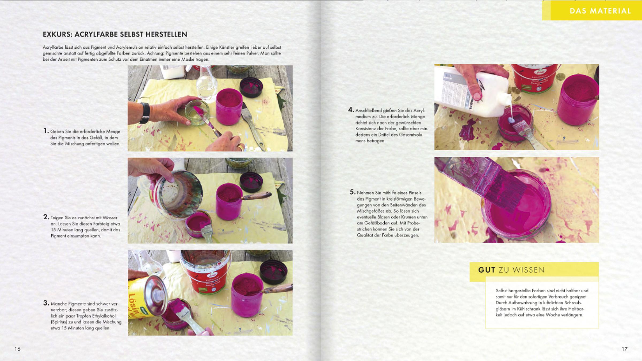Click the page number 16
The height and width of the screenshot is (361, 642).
[x=17, y=349]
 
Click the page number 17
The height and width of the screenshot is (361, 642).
[x=624, y=349]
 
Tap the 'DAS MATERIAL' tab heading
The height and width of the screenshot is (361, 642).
[x=600, y=11]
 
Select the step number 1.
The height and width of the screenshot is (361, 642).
[x=46, y=131]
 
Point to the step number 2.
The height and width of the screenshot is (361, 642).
[x=46, y=217]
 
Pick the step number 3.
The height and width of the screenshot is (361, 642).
[x=46, y=303]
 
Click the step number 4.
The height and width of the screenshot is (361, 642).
[x=351, y=110]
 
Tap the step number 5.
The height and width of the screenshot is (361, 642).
[x=353, y=192]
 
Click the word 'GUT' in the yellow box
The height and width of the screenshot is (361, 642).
[x=487, y=270]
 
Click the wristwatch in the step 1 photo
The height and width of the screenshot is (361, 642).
[x=145, y=113]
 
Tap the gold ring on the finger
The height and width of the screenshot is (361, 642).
[x=241, y=147]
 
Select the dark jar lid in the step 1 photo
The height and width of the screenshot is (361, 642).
[x=251, y=87]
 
